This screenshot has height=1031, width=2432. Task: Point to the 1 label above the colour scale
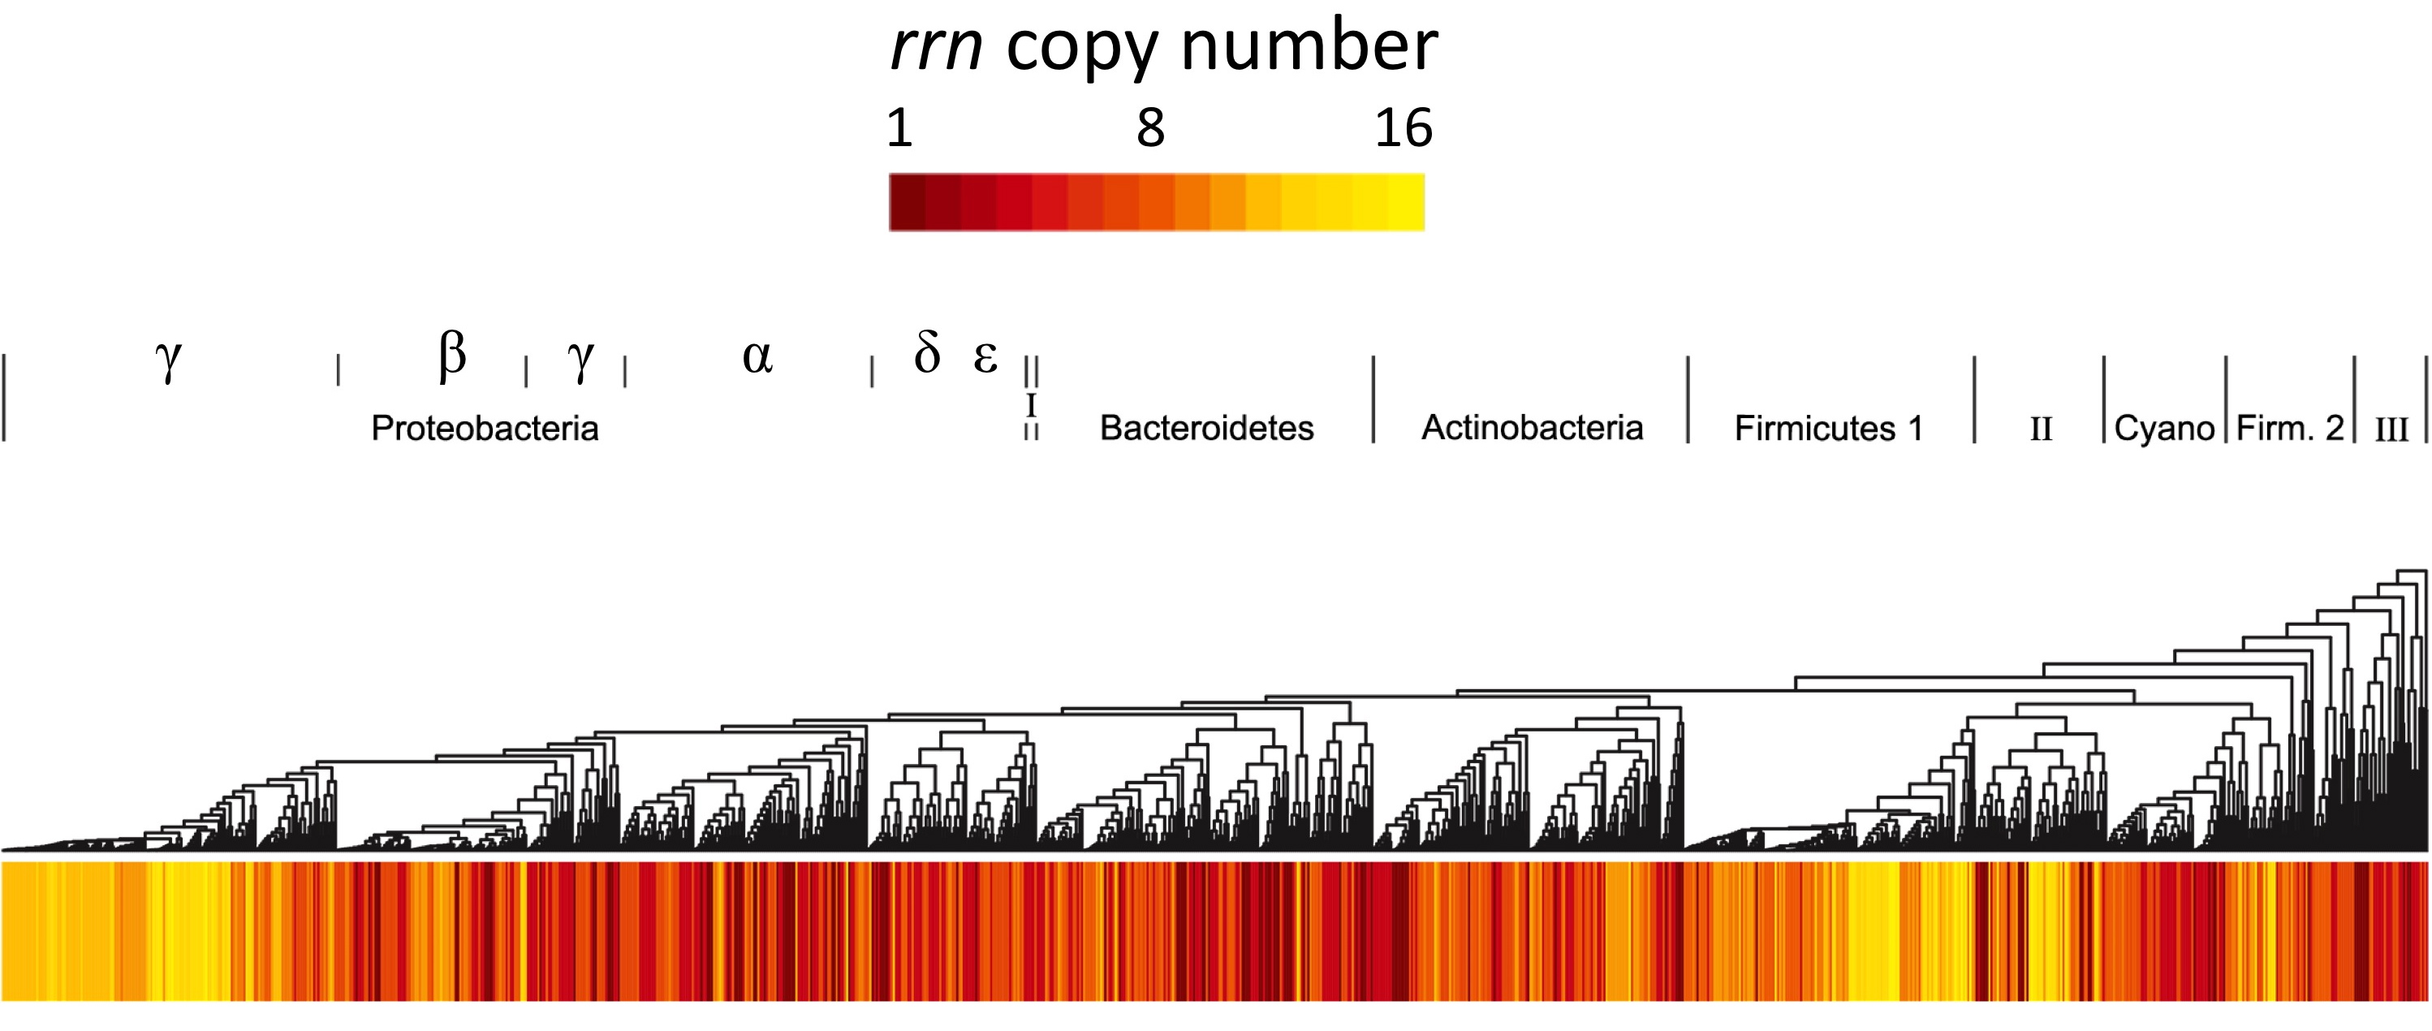(899, 127)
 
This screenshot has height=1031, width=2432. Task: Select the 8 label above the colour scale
(1150, 127)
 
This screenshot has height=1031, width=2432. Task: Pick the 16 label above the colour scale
(1403, 127)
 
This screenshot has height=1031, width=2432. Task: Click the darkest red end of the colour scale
(907, 202)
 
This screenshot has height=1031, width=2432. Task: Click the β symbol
(452, 356)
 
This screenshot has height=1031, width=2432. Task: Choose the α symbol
(757, 357)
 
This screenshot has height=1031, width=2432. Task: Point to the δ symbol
(927, 353)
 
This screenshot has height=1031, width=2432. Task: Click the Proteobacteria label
(485, 429)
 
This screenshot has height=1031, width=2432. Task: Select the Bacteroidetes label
(1206, 429)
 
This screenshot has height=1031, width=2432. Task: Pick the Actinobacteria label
(1533, 428)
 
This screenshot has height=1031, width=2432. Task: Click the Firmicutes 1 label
(1829, 429)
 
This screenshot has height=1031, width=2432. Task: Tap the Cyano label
(2164, 429)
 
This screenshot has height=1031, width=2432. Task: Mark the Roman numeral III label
(2391, 429)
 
